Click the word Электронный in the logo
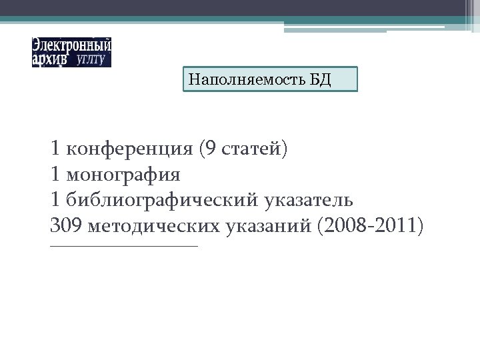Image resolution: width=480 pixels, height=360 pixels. tap(71, 46)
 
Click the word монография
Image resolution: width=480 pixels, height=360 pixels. tap(123, 175)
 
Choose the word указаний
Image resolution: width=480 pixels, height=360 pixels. tap(270, 226)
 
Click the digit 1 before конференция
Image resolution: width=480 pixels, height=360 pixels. tap(55, 149)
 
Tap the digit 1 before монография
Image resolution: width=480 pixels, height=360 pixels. tap(55, 174)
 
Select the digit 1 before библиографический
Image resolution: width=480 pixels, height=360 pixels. tap(55, 199)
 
